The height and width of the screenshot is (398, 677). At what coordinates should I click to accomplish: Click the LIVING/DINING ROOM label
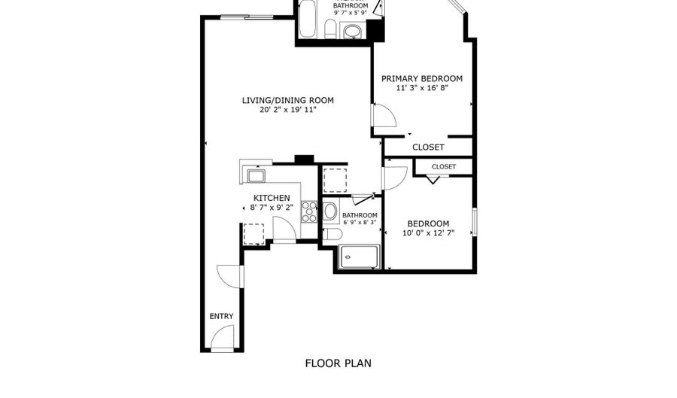coord(287,101)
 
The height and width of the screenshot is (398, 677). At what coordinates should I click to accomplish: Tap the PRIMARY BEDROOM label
coord(422,78)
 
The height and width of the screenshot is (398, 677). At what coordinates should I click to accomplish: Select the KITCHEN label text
coord(272,198)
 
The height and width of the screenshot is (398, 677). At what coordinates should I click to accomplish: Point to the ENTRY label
coord(221,317)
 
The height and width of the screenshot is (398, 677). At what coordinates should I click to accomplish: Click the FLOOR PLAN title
coord(338,363)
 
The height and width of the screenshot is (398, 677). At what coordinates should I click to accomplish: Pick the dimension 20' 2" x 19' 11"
coord(288,110)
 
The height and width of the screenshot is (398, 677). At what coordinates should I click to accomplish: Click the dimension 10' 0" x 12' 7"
coord(428,233)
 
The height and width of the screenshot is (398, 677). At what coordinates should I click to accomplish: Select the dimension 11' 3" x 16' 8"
coord(422,87)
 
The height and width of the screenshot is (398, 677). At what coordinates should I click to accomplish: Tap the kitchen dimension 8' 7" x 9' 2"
coord(272,207)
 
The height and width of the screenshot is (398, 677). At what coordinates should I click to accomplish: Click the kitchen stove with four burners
coord(309,211)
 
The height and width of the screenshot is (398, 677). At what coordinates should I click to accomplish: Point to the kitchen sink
coord(256,176)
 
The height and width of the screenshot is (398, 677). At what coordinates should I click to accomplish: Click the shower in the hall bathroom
coord(360,257)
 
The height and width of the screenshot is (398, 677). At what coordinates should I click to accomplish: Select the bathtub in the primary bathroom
coord(308,19)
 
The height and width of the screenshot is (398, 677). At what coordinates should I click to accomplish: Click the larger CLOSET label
coord(428,147)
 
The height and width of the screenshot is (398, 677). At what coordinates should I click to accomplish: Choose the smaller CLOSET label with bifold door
coord(444,166)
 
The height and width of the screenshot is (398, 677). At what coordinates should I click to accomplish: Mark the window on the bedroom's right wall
coord(475,222)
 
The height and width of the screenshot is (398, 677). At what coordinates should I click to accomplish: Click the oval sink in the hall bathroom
coord(331,211)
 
